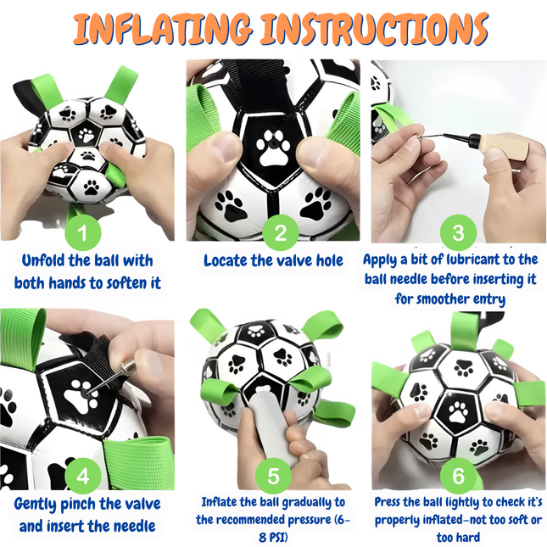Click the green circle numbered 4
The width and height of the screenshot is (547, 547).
(x=82, y=477)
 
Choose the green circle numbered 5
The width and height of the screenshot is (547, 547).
(x=273, y=477)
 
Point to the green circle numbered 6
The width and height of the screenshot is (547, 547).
(x=458, y=477)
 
